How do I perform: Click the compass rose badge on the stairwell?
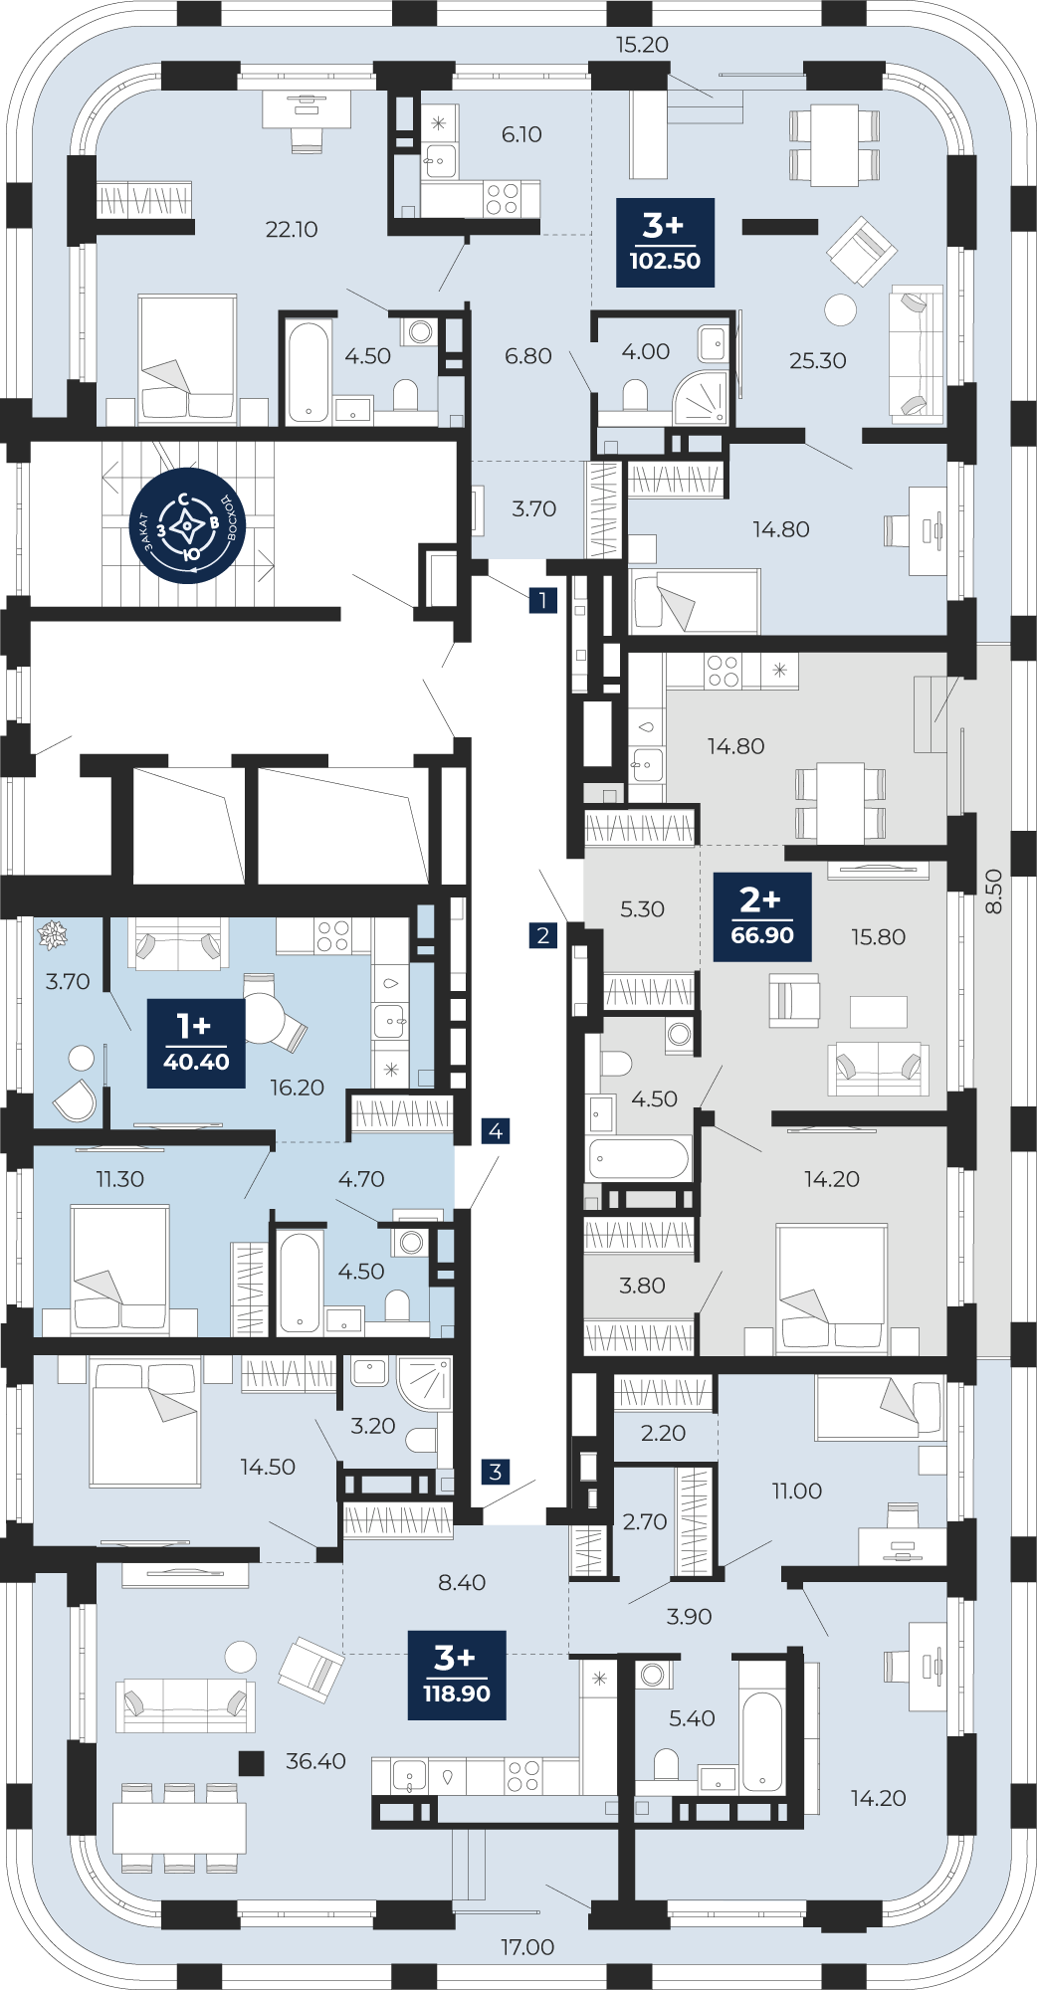[x=188, y=524]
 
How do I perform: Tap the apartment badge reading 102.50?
[x=665, y=243]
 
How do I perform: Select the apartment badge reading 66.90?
[x=762, y=916]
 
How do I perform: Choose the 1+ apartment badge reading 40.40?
[x=196, y=1044]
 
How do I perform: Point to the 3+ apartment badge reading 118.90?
[x=457, y=1676]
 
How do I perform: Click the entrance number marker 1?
[x=542, y=600]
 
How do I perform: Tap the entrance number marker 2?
[x=542, y=935]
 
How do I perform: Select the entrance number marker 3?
[x=496, y=1472]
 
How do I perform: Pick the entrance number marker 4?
[x=496, y=1131]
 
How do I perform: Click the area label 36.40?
[x=315, y=1761]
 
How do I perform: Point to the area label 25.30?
[x=818, y=360]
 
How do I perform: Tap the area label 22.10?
[x=292, y=229]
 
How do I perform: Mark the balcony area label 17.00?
[x=527, y=1947]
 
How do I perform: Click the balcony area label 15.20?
[x=642, y=45]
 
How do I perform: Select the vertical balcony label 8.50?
[x=993, y=892]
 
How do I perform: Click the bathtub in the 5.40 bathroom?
[x=762, y=1741]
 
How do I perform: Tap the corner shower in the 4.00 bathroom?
[x=702, y=399]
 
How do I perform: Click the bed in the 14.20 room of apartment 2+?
[x=832, y=1289]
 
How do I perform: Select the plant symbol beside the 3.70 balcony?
[x=52, y=934]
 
